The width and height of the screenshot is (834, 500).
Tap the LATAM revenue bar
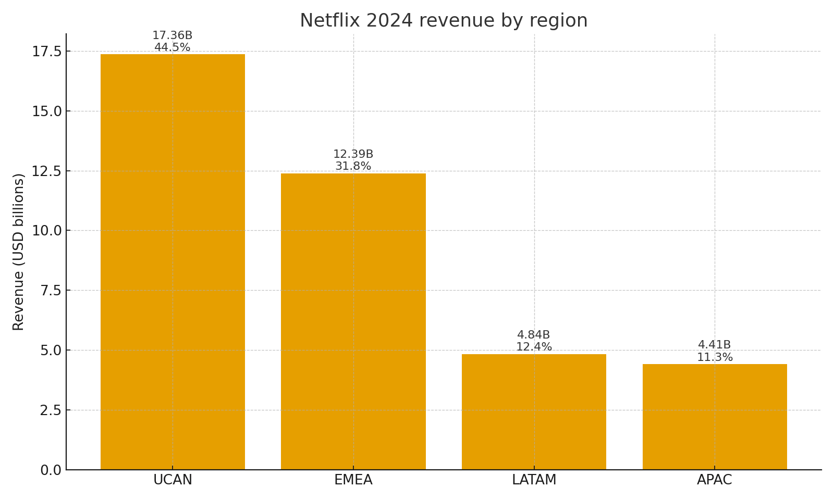[x=534, y=411]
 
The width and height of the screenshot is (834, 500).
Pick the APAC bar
[x=714, y=417]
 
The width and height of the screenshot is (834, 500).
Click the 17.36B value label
[x=172, y=35]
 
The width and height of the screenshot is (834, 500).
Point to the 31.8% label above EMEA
[x=353, y=167]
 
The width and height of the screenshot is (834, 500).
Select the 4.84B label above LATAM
[x=533, y=335]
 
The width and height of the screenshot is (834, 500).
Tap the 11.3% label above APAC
[x=715, y=357]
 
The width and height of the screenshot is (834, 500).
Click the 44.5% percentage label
[x=172, y=48]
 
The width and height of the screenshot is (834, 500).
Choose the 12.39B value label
[x=353, y=154]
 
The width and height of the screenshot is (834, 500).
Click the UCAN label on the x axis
[x=173, y=480]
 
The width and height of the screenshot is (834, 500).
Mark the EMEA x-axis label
[x=353, y=480]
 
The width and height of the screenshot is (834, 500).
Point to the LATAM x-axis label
[x=534, y=480]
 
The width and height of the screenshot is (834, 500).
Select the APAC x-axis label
[x=714, y=480]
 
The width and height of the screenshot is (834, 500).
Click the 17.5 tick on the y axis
[x=47, y=52]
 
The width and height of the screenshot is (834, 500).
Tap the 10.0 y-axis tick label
[x=47, y=231]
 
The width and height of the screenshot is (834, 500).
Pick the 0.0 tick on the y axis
[x=51, y=470]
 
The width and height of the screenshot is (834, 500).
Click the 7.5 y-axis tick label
[x=51, y=291]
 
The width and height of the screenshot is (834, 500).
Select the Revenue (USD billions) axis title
[x=19, y=252]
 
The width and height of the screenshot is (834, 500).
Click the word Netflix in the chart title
[x=330, y=21]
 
